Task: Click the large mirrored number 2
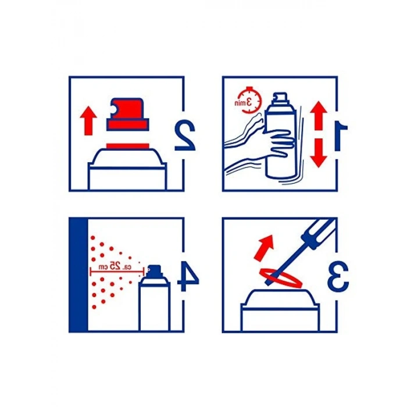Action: tap(185, 135)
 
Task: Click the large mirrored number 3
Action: tap(338, 276)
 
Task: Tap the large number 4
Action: tap(187, 276)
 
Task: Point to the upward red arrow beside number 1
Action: tap(319, 116)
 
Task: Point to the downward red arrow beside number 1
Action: tap(319, 153)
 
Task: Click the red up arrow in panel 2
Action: tap(88, 120)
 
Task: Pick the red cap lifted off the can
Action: tap(128, 114)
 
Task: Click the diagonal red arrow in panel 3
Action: tap(264, 247)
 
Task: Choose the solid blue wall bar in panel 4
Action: tap(78, 274)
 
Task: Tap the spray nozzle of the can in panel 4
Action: tap(155, 270)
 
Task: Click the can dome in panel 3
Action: tap(280, 298)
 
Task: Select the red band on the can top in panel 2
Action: tap(128, 146)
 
